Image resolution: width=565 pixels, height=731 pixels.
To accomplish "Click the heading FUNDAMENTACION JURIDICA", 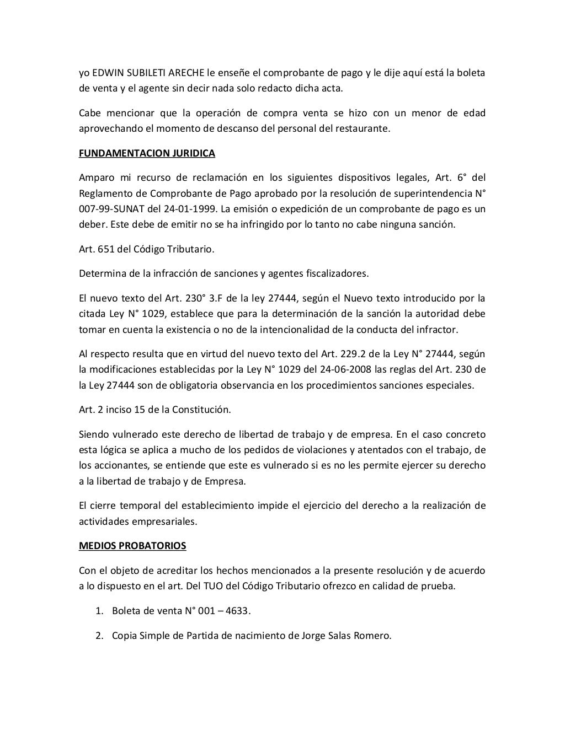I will [x=147, y=153].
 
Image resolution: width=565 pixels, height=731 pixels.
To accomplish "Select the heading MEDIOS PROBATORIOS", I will [x=132, y=546].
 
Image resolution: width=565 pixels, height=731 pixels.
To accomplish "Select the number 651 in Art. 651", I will [x=108, y=249].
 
